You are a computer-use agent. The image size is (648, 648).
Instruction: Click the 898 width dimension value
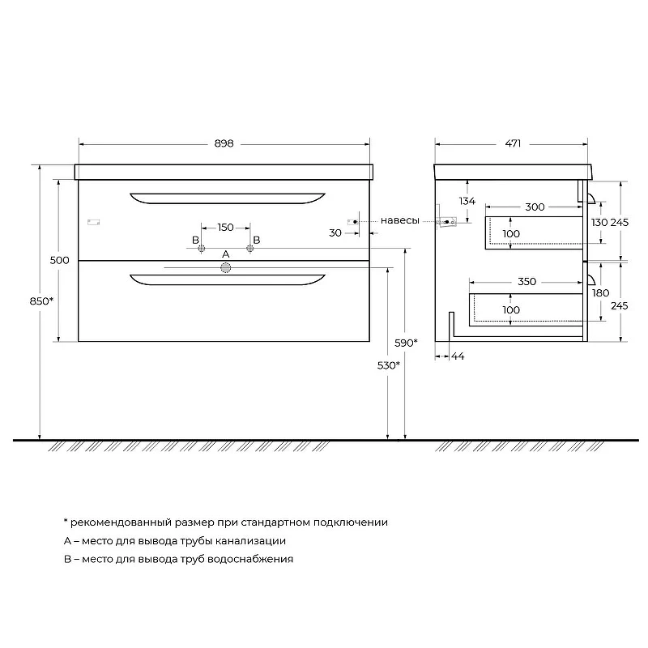click(x=224, y=143)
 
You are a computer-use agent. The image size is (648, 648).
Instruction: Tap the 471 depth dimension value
click(x=513, y=143)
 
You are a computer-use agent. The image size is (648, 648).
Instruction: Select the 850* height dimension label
click(x=42, y=301)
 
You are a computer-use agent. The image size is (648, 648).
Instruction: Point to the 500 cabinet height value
click(x=59, y=260)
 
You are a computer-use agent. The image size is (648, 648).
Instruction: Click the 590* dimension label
click(x=406, y=343)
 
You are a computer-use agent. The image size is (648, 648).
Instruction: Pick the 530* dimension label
click(x=389, y=365)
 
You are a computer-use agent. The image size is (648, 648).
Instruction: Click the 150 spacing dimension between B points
click(x=226, y=228)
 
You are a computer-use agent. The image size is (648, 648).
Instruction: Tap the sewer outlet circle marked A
click(x=226, y=268)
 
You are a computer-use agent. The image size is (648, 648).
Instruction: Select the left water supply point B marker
click(x=201, y=249)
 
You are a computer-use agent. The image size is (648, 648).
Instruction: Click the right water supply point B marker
click(x=250, y=249)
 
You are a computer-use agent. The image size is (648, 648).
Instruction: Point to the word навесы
click(x=399, y=220)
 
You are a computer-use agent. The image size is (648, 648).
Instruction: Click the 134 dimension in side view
click(x=467, y=201)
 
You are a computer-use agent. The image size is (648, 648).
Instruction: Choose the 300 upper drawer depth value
click(x=535, y=207)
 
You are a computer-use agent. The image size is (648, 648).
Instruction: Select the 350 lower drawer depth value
click(x=527, y=282)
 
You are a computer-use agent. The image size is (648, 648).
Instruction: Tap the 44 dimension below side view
click(x=458, y=356)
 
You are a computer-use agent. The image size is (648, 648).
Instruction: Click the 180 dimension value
click(x=600, y=293)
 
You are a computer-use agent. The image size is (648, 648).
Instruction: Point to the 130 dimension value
click(x=599, y=222)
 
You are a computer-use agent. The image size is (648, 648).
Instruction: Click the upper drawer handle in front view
click(x=228, y=198)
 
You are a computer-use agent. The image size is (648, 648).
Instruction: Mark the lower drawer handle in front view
click(x=228, y=279)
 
